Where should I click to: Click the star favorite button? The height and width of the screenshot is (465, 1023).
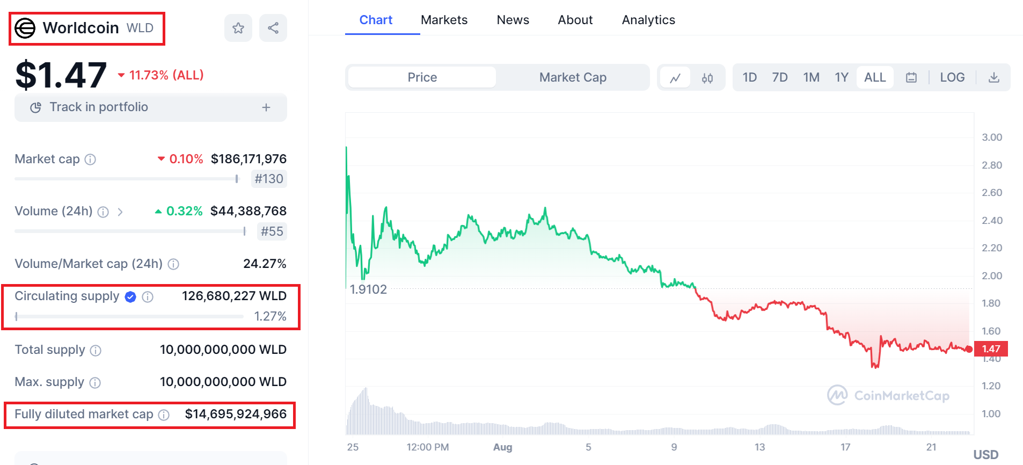(238, 28)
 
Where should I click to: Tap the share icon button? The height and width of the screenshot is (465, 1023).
(273, 28)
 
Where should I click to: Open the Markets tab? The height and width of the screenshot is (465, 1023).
(444, 20)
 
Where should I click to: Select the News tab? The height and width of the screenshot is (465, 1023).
(513, 20)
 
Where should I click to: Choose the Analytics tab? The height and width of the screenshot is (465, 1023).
(648, 20)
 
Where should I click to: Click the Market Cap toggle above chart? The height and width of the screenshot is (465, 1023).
(573, 77)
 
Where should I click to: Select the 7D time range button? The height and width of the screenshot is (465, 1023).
(779, 77)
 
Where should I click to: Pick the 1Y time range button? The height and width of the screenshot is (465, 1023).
(841, 77)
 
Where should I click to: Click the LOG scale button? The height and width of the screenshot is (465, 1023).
(952, 77)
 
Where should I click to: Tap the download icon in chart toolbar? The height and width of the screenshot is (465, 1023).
(994, 77)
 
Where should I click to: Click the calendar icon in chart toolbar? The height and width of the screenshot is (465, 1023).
(911, 77)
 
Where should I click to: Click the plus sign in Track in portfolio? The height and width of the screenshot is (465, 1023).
(266, 107)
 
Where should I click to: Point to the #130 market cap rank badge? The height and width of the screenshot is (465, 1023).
(269, 179)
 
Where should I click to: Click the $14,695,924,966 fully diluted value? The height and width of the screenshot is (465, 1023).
(236, 414)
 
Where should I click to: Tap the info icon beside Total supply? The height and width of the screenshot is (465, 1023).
(96, 351)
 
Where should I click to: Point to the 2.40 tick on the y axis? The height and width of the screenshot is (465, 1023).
(992, 220)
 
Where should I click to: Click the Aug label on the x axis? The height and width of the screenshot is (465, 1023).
(502, 447)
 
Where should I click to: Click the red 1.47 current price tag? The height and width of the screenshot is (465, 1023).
(991, 349)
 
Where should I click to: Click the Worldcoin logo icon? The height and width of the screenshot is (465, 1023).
(25, 28)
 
